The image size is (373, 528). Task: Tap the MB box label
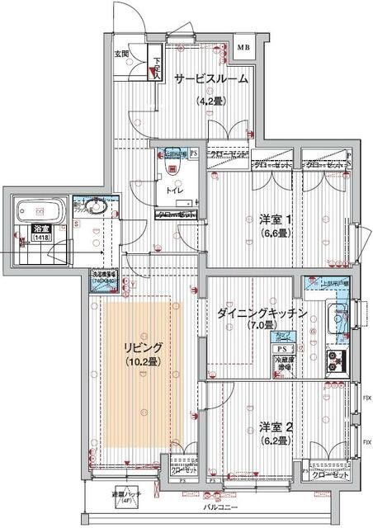coord(244,48)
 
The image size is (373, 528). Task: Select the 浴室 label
coord(40,228)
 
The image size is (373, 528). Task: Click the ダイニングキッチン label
coord(262,313)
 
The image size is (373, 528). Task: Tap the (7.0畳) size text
coord(261,327)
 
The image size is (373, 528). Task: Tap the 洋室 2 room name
coord(276,427)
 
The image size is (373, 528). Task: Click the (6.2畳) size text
coord(275,441)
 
